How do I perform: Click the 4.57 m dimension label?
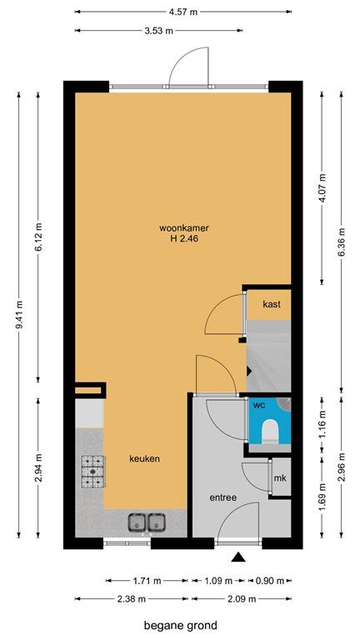182,12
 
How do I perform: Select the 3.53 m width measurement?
159,31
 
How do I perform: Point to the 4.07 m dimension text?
322,187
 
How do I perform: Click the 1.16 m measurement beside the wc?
322,424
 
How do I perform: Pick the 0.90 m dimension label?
269,580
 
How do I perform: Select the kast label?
272,304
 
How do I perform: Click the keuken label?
144,459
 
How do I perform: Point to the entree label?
223,497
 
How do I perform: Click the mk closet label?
280,478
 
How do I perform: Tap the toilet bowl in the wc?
270,431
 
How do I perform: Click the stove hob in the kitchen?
92,472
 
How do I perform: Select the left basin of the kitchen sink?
137,522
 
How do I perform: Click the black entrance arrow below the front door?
238,557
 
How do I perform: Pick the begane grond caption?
180,625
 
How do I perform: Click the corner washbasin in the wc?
285,403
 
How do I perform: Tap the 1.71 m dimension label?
146,580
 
